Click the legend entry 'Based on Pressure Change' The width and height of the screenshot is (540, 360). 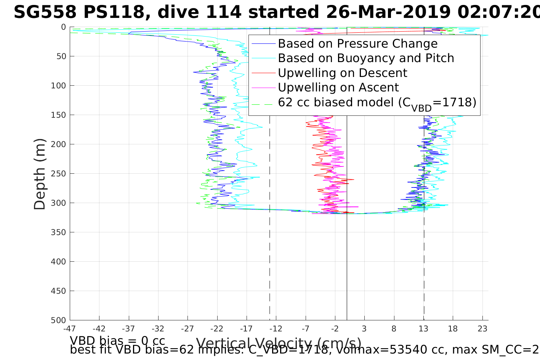tap(357, 44)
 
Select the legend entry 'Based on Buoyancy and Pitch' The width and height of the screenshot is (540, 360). tap(366, 58)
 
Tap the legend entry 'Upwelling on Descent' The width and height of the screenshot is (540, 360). tap(342, 73)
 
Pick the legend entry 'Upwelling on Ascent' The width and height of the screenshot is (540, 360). tap(338, 88)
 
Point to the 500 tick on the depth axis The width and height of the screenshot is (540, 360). tap(58, 320)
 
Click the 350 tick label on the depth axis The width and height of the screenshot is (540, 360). tap(58, 232)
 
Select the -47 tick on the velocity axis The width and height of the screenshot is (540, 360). tap(70, 328)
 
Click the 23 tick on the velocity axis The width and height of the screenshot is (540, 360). tap(482, 328)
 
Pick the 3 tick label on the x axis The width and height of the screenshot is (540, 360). tap(364, 328)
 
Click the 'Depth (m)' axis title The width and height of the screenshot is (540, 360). tap(40, 174)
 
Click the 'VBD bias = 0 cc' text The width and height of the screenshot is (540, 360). tap(117, 341)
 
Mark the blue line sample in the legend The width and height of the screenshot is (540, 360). tap(263, 44)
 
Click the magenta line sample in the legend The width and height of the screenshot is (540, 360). tap(263, 88)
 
